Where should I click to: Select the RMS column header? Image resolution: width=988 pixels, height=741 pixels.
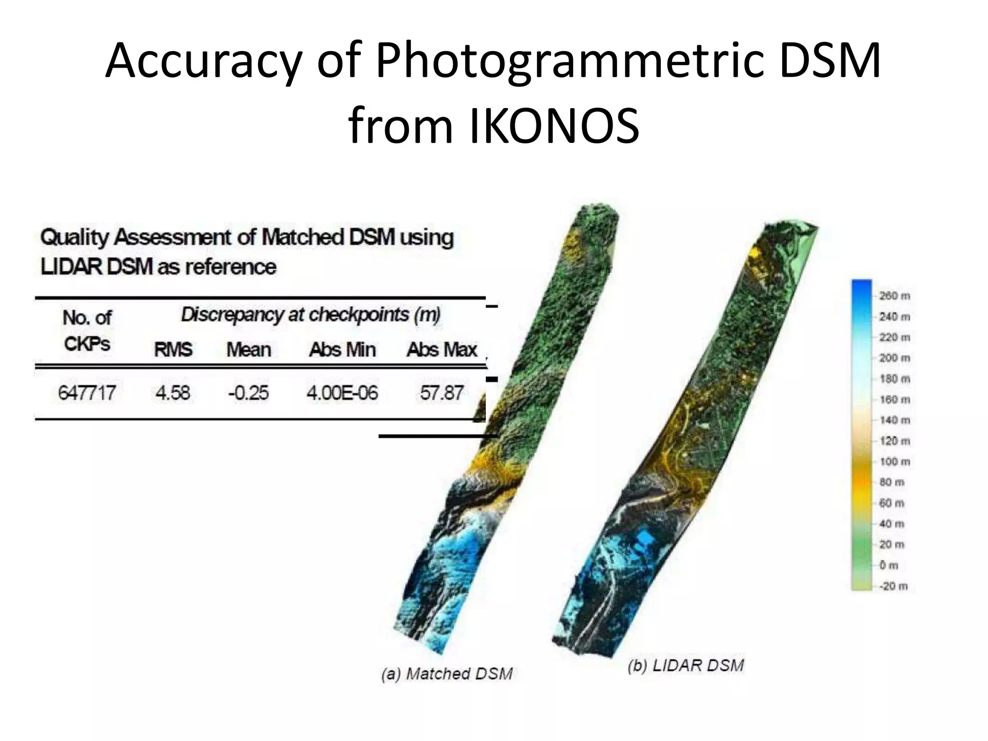(x=173, y=350)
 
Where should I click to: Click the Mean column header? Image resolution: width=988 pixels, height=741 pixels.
(x=248, y=350)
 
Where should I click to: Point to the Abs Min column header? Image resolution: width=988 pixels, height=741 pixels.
(x=342, y=350)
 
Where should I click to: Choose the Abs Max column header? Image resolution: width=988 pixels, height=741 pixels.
(x=441, y=350)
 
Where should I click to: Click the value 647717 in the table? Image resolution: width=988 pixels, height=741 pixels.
(x=87, y=393)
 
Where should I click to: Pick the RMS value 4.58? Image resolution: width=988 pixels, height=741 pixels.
(x=173, y=393)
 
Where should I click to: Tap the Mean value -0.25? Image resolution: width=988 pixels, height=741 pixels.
(x=248, y=393)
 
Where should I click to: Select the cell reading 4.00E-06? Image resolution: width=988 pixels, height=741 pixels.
(x=342, y=393)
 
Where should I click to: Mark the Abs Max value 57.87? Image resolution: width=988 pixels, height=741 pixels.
(x=441, y=393)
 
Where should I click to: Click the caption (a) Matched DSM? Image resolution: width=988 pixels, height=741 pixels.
(x=447, y=673)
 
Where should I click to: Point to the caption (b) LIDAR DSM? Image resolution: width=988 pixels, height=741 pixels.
(x=686, y=666)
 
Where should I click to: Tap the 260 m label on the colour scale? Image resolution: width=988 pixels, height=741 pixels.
(x=894, y=296)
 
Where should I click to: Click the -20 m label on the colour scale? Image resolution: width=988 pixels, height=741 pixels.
(x=893, y=586)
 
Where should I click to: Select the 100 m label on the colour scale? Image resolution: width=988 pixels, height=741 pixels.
(x=894, y=462)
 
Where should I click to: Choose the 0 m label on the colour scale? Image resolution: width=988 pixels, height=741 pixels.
(x=889, y=565)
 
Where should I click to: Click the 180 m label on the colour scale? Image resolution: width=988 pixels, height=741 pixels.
(x=894, y=379)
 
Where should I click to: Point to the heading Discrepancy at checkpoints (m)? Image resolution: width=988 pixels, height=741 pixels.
(x=311, y=315)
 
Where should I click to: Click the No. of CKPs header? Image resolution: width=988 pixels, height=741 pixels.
(x=87, y=331)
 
